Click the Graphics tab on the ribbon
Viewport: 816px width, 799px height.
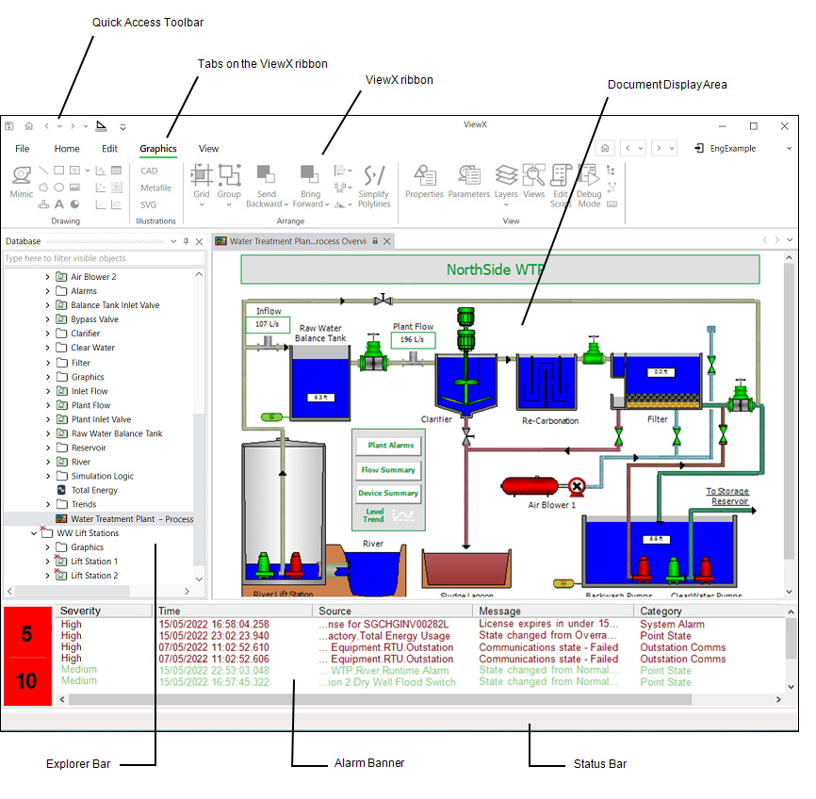tap(157, 148)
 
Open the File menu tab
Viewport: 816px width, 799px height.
tap(23, 148)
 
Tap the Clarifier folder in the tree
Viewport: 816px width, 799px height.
tap(87, 334)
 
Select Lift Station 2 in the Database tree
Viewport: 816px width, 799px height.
tap(94, 575)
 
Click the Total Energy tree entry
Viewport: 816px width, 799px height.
tap(94, 490)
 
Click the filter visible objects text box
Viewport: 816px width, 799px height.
tap(99, 258)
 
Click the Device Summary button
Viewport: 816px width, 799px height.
tap(388, 493)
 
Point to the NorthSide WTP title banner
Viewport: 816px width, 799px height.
tap(499, 269)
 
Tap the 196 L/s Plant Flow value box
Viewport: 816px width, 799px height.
tap(414, 339)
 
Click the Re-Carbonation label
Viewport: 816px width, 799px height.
tap(549, 420)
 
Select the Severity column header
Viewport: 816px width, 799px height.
tap(80, 611)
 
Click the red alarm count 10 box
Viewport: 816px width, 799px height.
tap(26, 680)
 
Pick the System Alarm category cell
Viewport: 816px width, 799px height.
tap(672, 624)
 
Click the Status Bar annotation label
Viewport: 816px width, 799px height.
tap(599, 763)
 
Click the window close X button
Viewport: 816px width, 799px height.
tap(784, 125)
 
